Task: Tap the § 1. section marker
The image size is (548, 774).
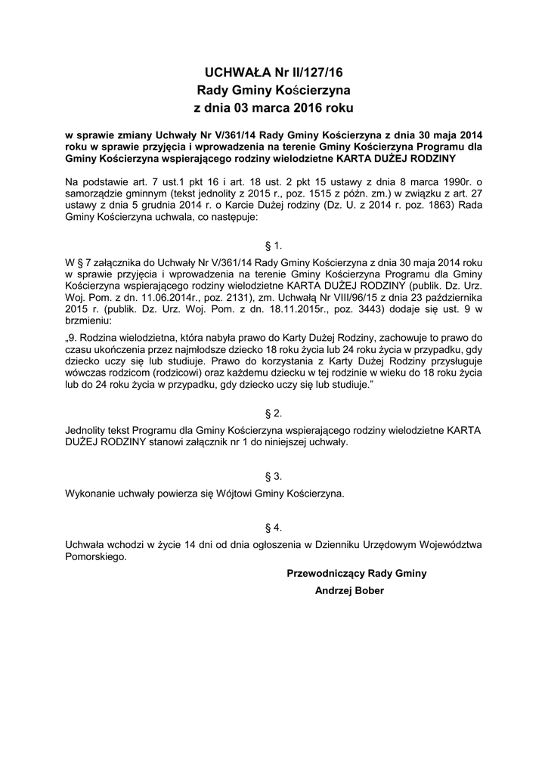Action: [x=274, y=246]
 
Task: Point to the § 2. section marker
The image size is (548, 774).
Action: [x=274, y=413]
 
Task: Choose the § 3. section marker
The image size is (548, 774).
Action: [x=274, y=476]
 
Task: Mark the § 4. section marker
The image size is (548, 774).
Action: [x=274, y=527]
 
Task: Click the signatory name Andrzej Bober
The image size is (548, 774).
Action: [x=349, y=590]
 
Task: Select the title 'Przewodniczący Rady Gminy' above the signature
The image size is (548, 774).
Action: [x=357, y=574]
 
